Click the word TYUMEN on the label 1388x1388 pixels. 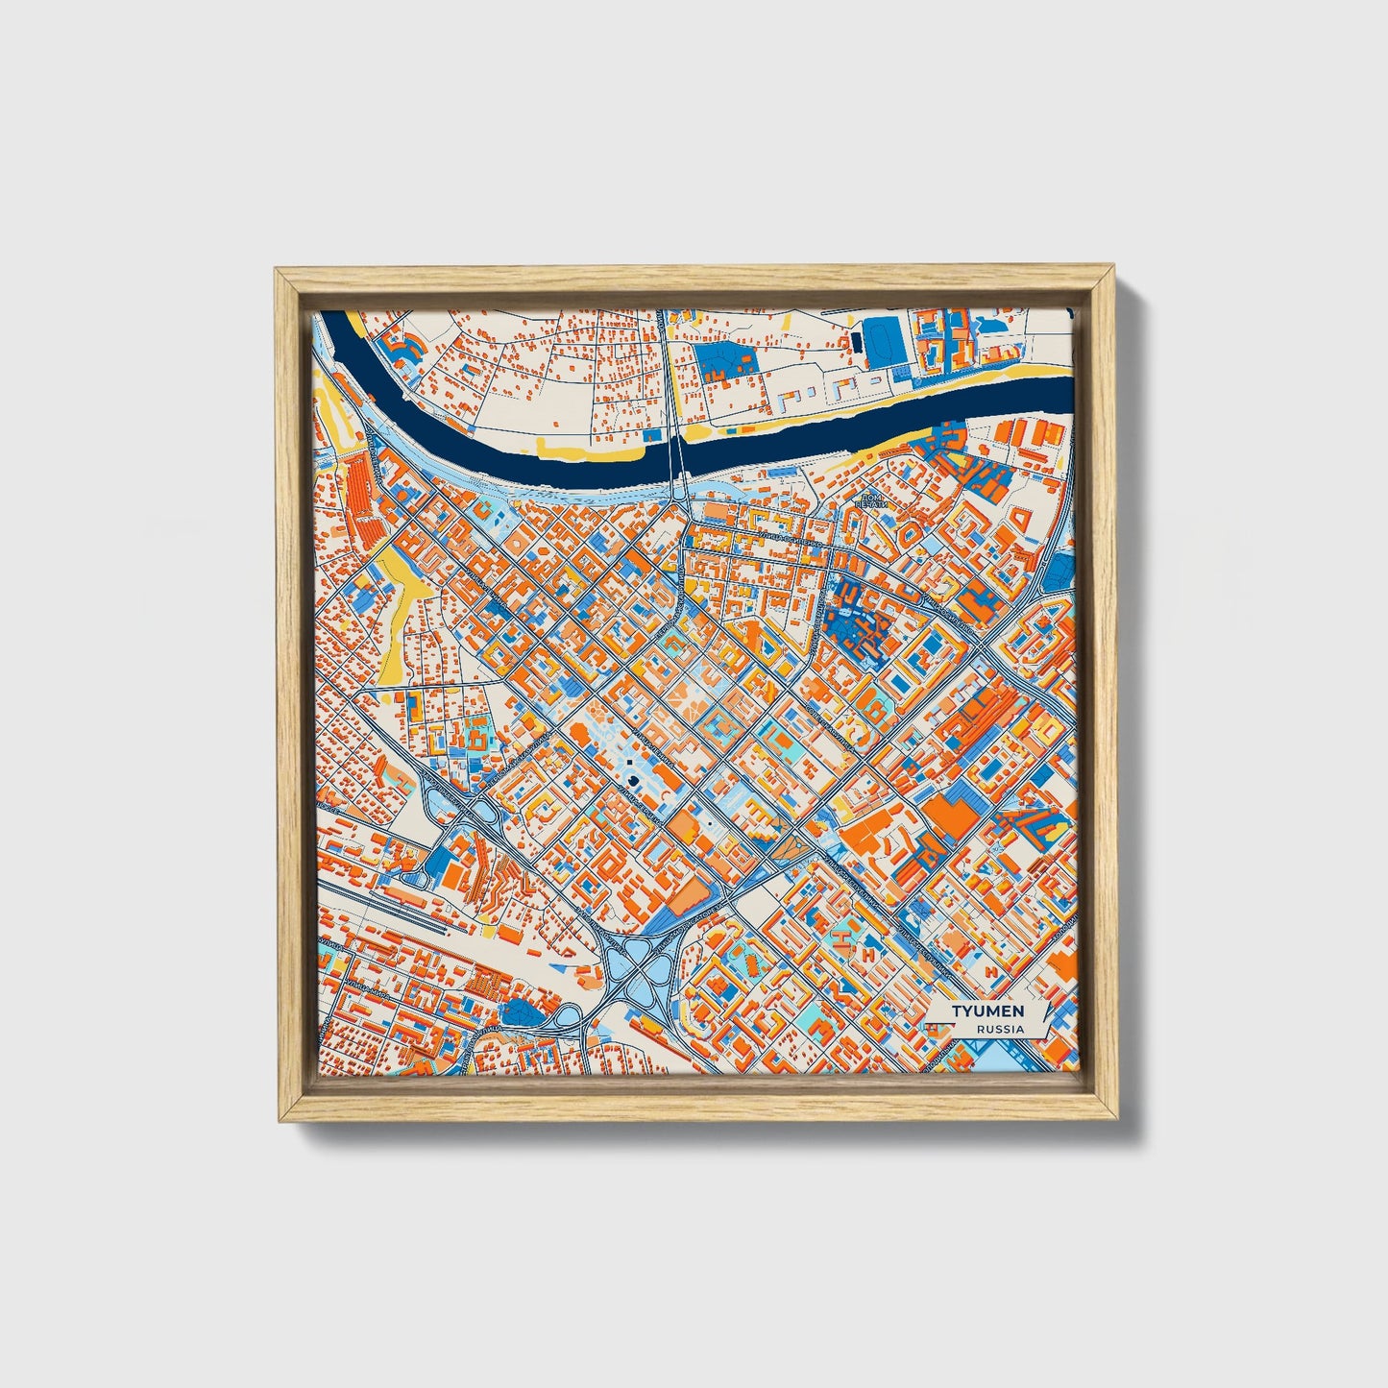pos(987,1011)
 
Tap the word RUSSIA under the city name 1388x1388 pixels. pos(1000,1030)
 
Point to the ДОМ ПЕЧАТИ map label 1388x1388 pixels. pos(870,501)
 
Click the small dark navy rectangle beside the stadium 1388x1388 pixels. pos(853,341)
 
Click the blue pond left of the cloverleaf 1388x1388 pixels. pos(524,1011)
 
